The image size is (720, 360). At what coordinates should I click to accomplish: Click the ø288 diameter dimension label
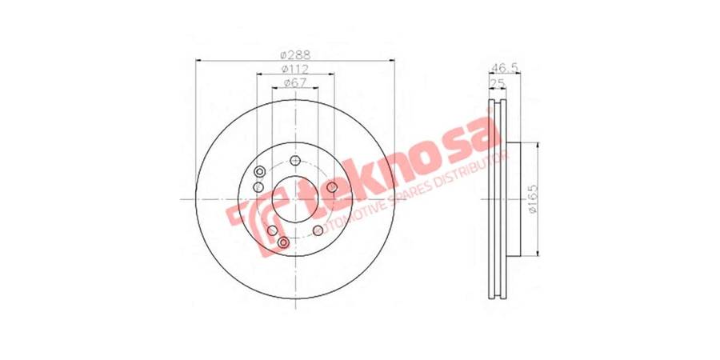point(295,55)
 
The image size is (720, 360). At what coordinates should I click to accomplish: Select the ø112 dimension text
point(295,70)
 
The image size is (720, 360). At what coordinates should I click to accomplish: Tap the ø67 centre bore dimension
point(295,84)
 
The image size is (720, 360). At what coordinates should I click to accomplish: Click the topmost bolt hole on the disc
point(295,160)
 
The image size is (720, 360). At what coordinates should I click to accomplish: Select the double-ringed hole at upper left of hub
point(260,173)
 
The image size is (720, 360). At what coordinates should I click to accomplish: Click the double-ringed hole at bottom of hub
point(283,242)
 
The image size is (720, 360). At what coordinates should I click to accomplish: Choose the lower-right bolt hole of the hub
point(318,230)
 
